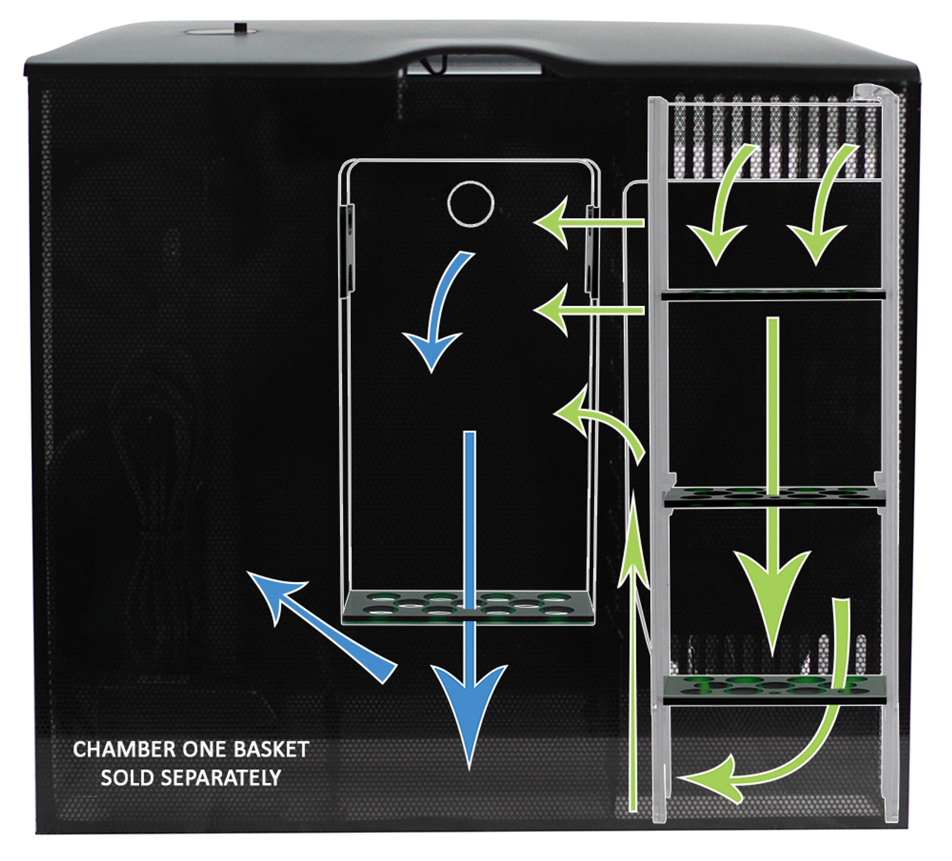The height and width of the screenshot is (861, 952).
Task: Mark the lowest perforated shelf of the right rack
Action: pos(774,689)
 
